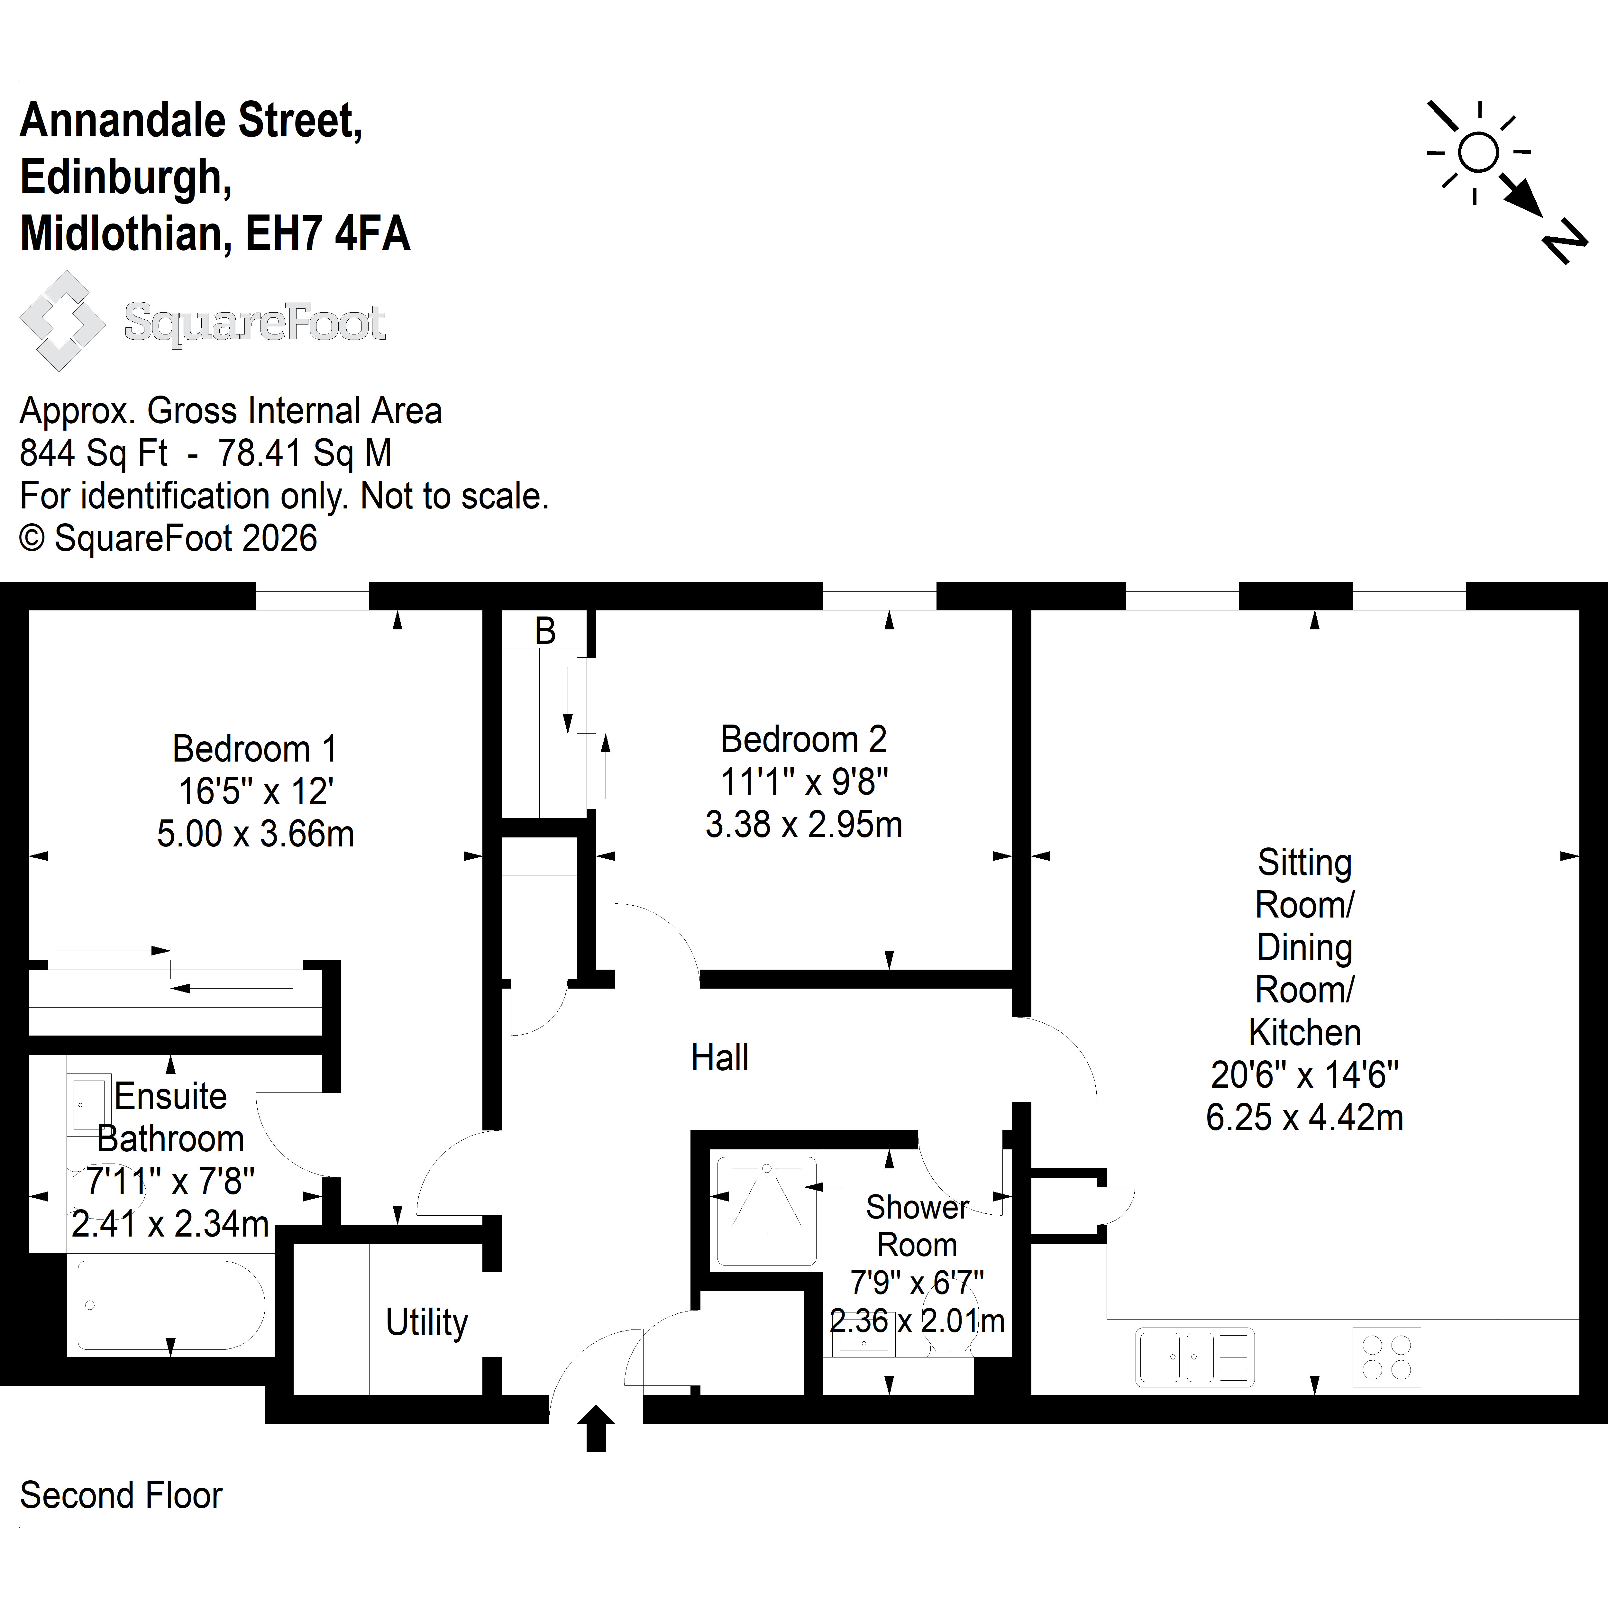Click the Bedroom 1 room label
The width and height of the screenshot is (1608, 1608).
click(x=255, y=749)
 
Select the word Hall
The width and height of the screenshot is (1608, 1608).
click(x=720, y=1058)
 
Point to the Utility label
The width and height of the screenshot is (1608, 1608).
click(x=427, y=1322)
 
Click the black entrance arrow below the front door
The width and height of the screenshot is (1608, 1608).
click(x=596, y=1428)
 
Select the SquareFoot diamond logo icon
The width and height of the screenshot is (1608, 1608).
click(x=62, y=320)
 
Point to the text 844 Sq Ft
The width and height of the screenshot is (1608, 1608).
click(x=93, y=453)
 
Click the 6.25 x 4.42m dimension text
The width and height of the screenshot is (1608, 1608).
click(x=1304, y=1117)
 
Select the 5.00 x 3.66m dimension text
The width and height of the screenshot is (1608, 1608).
click(x=256, y=834)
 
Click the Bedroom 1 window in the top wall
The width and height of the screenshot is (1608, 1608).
click(x=312, y=596)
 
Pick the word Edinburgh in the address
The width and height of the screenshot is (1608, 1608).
click(x=126, y=177)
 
